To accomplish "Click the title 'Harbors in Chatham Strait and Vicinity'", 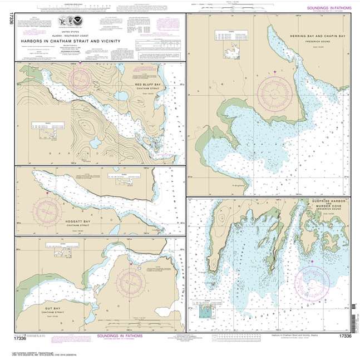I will tap(72, 40).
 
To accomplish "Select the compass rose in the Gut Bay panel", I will tap(132, 280).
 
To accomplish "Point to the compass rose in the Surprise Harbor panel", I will tap(315, 279).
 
